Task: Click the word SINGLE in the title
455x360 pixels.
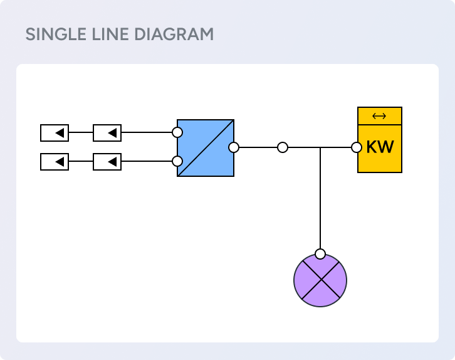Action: [x=52, y=34]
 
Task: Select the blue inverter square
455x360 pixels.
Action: [x=206, y=148]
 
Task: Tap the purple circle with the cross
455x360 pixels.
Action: [x=320, y=280]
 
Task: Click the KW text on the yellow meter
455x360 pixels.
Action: [x=380, y=148]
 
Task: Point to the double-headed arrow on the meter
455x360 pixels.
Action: [x=379, y=116]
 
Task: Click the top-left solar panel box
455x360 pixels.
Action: [x=55, y=133]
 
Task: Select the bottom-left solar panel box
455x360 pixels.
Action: [x=55, y=162]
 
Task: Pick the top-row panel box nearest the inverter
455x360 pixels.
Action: [x=107, y=133]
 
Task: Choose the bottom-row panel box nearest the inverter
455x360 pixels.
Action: [x=107, y=162]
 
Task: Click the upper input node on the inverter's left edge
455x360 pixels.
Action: [x=177, y=133]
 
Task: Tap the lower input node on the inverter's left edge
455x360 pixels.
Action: [x=177, y=162]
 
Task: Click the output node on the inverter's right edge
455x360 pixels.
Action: [x=234, y=147]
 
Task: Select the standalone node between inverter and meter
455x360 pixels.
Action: [x=283, y=147]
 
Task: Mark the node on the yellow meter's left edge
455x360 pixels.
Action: [x=357, y=147]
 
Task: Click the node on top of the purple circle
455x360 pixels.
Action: [x=320, y=254]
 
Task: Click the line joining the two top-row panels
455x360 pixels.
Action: [x=81, y=133]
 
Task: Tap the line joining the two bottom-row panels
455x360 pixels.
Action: [x=81, y=162]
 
